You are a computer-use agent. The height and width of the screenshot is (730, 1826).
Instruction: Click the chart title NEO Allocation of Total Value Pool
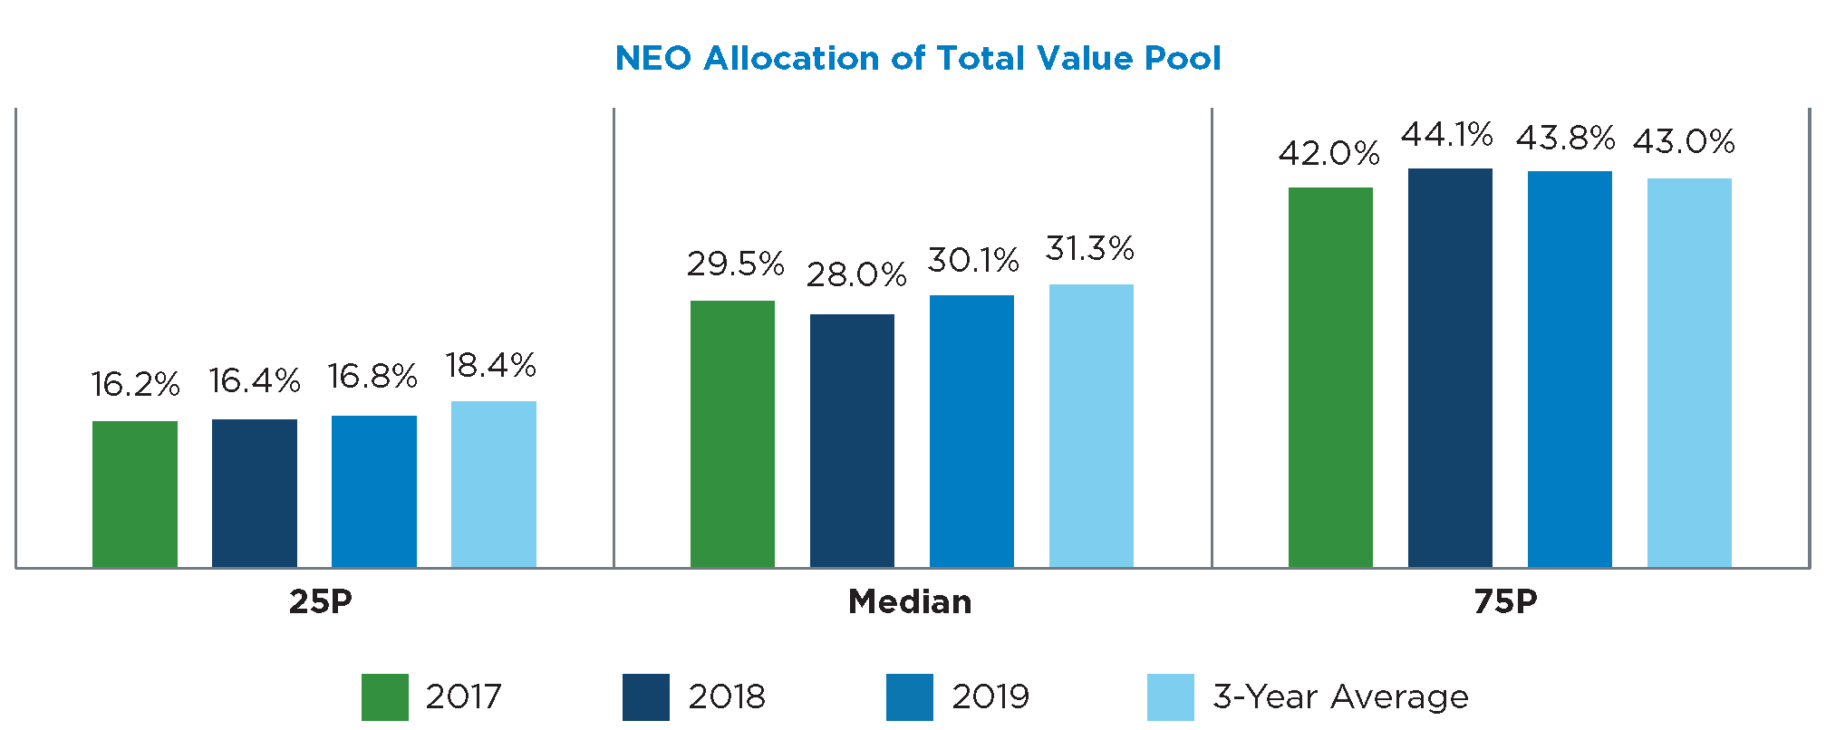point(917,58)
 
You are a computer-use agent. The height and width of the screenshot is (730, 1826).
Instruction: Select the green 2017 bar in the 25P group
point(135,494)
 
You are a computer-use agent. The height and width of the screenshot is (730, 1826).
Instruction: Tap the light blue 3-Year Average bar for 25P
point(494,484)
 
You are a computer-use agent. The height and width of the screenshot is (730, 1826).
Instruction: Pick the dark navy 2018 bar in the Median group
point(852,440)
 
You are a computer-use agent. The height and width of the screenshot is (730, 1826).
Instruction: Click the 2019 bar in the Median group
point(971,431)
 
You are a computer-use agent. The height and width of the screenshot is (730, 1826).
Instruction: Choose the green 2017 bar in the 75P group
point(1330,377)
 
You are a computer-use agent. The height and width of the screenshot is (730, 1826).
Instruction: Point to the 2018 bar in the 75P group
point(1450,368)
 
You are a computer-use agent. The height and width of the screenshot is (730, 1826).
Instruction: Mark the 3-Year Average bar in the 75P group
point(1689,372)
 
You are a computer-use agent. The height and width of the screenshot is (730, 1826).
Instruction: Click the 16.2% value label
point(135,384)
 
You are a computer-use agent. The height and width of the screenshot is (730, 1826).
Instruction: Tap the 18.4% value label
point(490,365)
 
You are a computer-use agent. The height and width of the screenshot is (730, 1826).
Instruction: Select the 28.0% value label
point(856,274)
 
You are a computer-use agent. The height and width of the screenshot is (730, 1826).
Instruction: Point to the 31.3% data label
point(1089,248)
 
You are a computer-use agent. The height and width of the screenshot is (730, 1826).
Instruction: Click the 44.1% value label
point(1446,135)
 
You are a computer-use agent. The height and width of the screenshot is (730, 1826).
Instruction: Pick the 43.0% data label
point(1684,141)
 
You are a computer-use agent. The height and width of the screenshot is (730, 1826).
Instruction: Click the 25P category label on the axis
point(320,601)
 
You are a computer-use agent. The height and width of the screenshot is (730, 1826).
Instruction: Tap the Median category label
point(910,601)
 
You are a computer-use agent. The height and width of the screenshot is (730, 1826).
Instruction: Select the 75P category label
point(1505,601)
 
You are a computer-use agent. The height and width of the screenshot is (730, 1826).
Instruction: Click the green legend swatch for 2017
point(384,696)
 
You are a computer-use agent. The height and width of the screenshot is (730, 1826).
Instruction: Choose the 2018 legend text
point(727,696)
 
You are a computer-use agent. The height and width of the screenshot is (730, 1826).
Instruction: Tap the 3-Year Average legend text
point(1340,696)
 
